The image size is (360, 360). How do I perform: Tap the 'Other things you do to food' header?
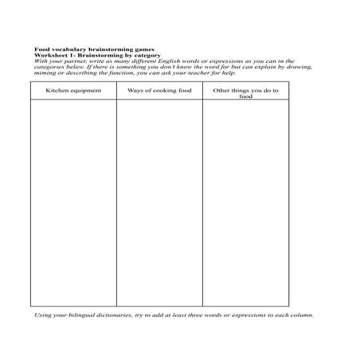(x=245, y=95)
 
